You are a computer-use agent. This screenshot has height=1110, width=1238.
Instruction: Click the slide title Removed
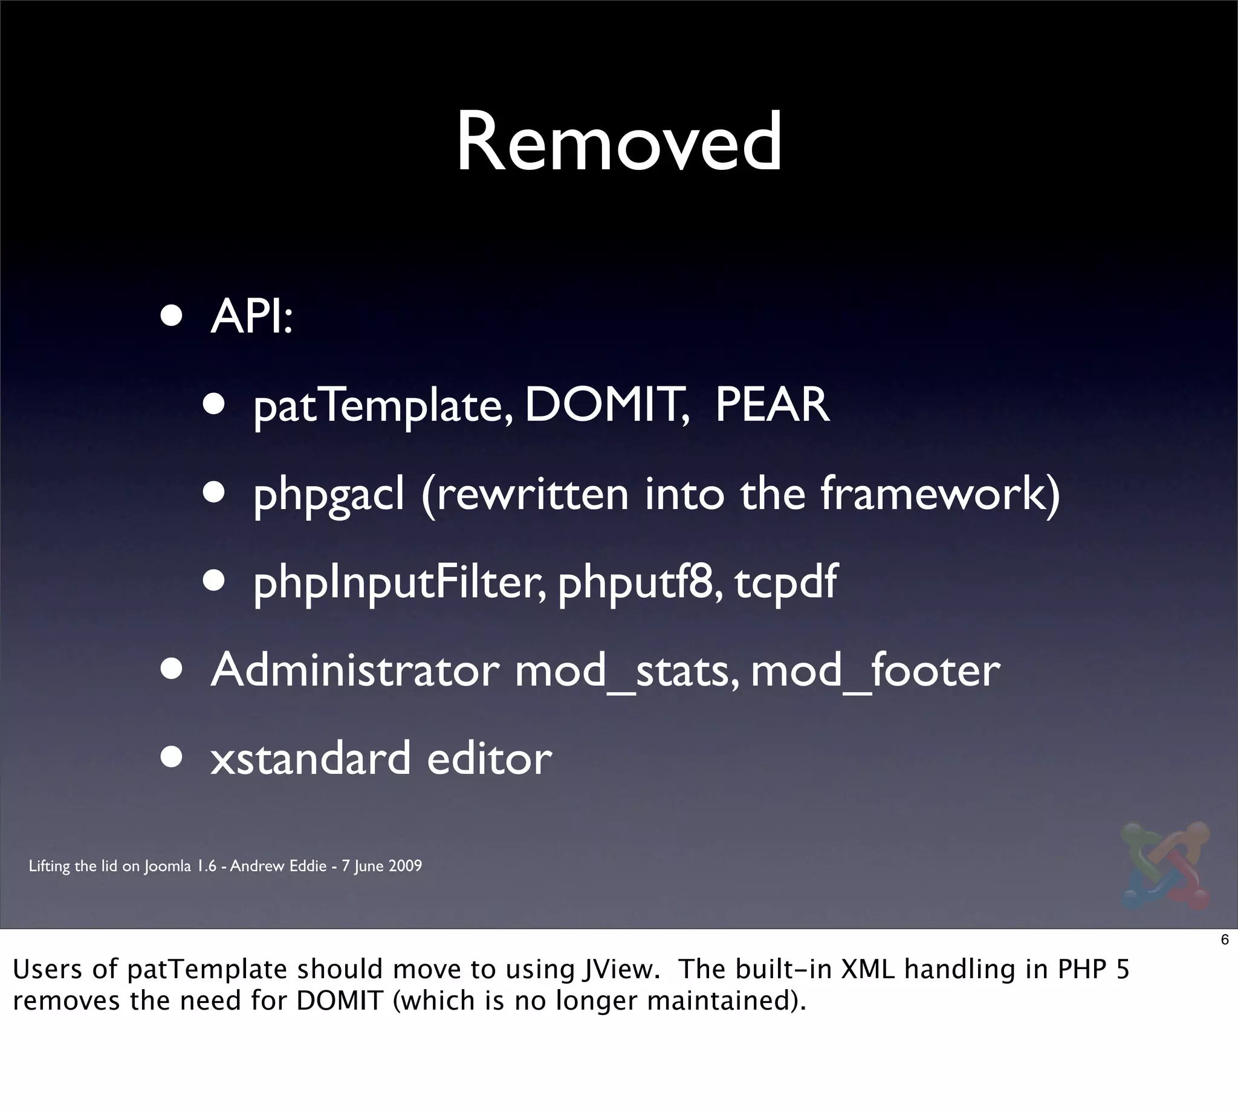tap(618, 142)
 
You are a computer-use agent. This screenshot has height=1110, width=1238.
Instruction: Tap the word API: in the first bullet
tap(252, 317)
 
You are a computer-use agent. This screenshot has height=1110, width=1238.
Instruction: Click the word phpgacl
tap(329, 495)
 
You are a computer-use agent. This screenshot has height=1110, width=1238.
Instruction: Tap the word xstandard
tap(311, 759)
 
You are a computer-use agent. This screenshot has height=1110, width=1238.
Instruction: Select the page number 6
tap(1225, 940)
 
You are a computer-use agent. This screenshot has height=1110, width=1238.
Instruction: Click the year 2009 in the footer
tap(405, 866)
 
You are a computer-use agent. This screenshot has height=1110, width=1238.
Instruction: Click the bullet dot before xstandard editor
tap(172, 757)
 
